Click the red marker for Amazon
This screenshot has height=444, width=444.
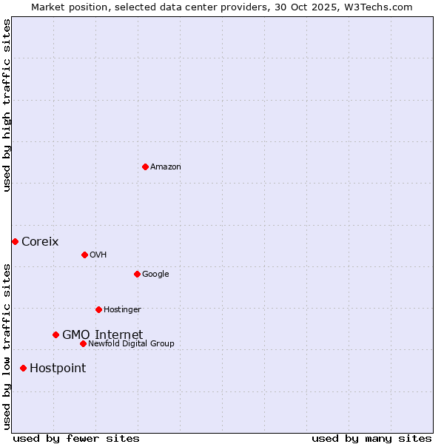[145, 166]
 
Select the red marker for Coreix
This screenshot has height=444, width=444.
[15, 241]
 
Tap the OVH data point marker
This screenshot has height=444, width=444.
[84, 255]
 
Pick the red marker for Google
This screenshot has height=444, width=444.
[137, 274]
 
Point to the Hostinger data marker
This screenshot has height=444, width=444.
[98, 309]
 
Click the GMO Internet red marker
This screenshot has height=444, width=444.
[55, 334]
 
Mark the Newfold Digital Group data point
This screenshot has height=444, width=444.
[83, 343]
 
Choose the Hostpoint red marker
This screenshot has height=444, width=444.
[23, 368]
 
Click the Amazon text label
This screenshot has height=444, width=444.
[165, 166]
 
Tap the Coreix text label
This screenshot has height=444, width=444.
[40, 241]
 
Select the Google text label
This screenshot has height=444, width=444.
[155, 274]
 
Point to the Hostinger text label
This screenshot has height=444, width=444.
[122, 309]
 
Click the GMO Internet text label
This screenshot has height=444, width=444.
[102, 334]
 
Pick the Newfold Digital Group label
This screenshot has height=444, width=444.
[131, 343]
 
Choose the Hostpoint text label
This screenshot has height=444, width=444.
[58, 368]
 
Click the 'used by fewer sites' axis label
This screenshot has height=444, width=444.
[76, 438]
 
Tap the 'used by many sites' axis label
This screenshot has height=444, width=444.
[371, 438]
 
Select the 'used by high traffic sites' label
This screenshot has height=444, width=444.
[7, 105]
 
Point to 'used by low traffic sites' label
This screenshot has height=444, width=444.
[7, 346]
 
